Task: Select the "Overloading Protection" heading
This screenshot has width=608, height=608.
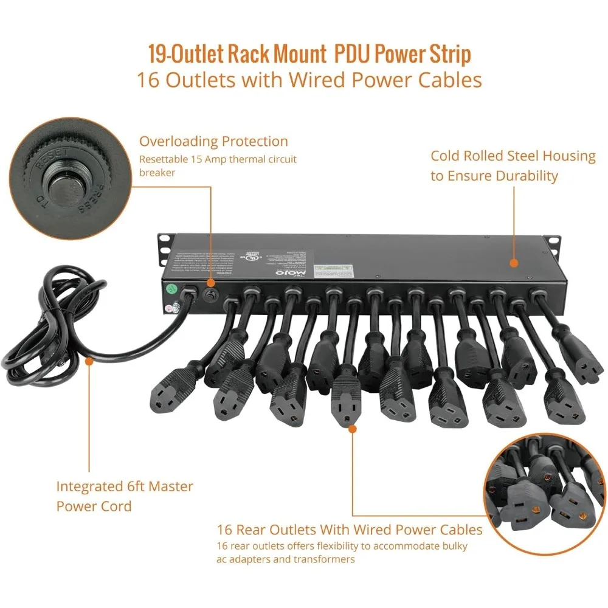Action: point(213,142)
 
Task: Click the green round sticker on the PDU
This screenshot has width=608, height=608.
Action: point(172,289)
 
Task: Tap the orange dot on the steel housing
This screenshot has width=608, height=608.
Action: point(514,263)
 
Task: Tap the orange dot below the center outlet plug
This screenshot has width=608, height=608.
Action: point(352,429)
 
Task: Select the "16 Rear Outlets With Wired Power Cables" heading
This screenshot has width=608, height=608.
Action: point(350,530)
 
